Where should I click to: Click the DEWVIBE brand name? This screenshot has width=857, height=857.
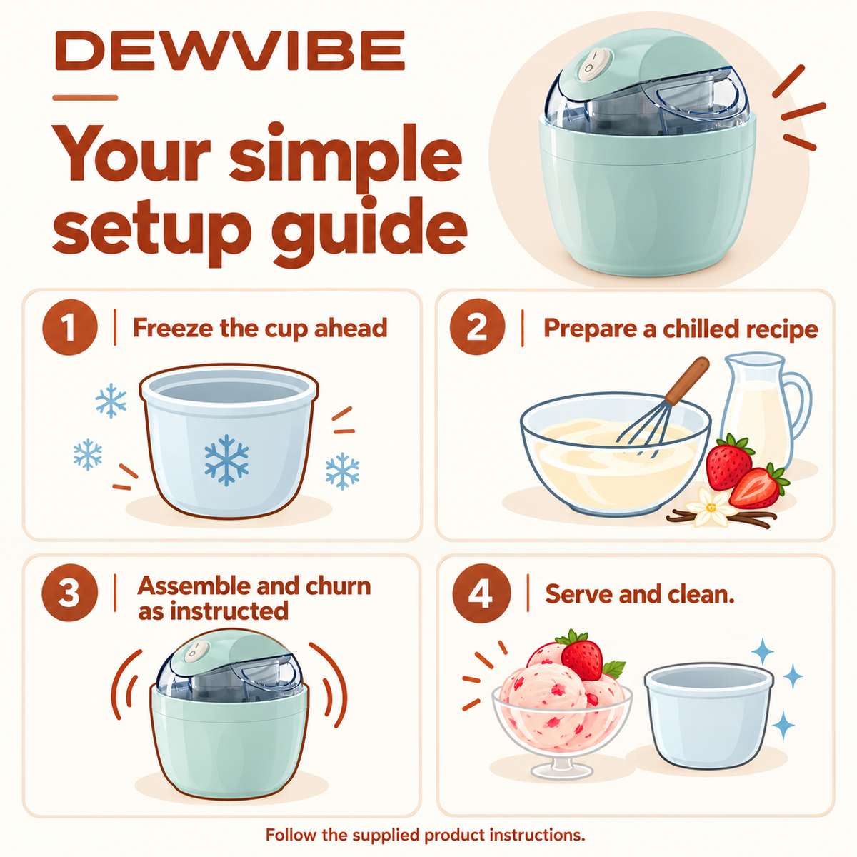(230, 51)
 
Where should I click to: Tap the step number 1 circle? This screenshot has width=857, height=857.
(69, 327)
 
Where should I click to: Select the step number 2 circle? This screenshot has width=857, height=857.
(477, 327)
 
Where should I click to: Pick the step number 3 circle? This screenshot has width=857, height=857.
(69, 592)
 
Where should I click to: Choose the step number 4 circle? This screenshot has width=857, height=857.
(481, 592)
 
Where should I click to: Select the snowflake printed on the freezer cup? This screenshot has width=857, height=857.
(226, 460)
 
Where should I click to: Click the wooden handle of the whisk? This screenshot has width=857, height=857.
(685, 381)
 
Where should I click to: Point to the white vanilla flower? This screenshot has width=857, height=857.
(710, 507)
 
